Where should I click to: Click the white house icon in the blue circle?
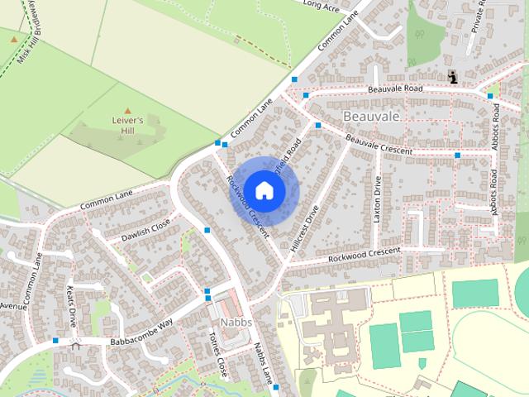point(264,190)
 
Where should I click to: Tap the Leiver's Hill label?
point(127,125)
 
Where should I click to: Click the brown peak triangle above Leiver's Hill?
point(127,110)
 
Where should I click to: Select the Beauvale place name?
point(371,117)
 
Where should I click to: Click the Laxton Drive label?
point(378,200)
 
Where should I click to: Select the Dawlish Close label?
point(145,230)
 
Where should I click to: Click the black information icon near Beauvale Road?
point(453,77)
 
